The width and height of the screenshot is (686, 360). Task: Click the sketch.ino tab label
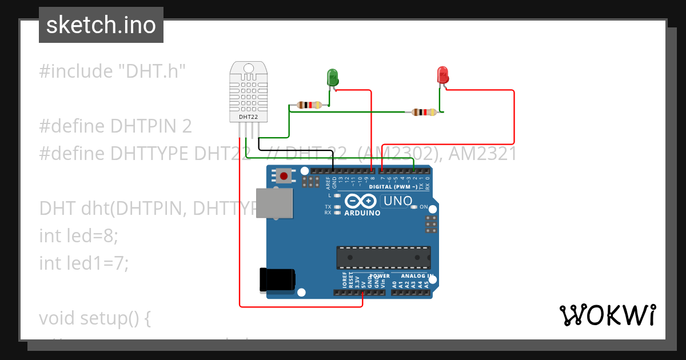[x=101, y=25]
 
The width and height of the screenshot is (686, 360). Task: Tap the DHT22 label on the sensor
[x=248, y=117]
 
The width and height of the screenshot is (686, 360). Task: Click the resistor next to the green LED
[x=309, y=105]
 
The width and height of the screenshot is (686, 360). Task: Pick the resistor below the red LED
[x=424, y=113]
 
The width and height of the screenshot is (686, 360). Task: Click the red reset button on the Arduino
[x=284, y=175]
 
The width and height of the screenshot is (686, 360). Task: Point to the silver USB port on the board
[x=274, y=203]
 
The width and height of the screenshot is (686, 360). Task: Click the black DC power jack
[x=277, y=279]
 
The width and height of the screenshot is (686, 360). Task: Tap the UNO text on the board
[x=397, y=201]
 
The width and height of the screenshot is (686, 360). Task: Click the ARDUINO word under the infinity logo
[x=362, y=213]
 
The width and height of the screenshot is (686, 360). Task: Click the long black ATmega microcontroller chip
[x=383, y=257]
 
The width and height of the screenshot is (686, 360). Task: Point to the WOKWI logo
[x=607, y=315]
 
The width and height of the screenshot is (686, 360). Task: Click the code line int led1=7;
[x=84, y=263]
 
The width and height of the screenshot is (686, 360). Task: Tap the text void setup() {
[x=94, y=318]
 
